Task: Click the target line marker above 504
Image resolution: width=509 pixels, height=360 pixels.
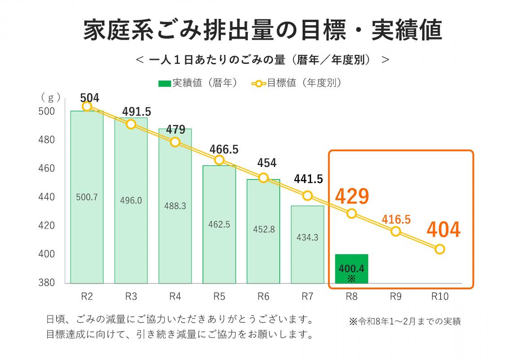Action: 87,106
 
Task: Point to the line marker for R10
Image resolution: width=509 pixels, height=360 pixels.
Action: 440,249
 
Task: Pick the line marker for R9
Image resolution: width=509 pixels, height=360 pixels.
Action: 396,231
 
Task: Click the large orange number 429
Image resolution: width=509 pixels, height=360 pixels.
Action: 352,196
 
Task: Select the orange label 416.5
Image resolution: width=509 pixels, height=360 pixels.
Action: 396,219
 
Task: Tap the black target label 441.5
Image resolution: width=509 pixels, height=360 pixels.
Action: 308,179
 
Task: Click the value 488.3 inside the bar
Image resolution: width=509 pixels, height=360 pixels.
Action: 175,206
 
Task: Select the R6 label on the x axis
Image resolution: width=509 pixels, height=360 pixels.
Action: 263,297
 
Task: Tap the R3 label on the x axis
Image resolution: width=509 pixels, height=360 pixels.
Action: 131,297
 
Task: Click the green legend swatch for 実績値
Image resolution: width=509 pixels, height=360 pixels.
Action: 165,84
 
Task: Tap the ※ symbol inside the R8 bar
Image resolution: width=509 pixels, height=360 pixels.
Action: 352,279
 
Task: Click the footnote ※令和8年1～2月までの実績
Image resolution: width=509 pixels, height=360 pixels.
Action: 404,321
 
